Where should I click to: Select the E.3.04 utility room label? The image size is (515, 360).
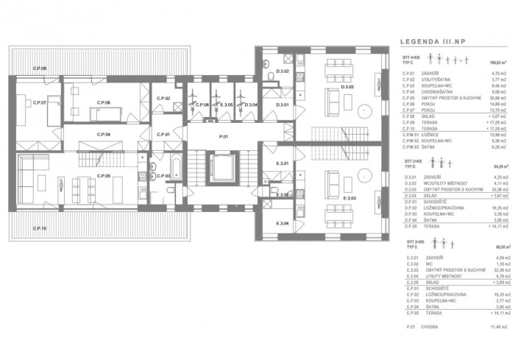(282, 223)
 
